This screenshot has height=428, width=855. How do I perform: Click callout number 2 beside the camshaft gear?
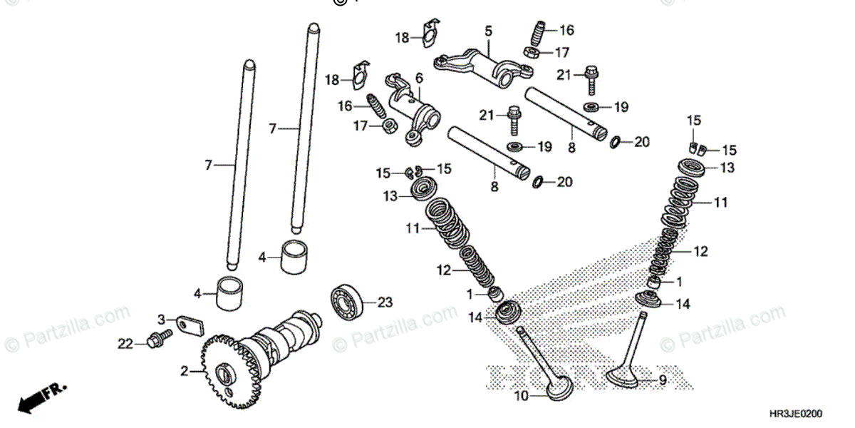(x=184, y=372)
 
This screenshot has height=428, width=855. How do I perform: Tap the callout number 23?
(x=385, y=302)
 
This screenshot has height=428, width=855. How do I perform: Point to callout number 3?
(x=162, y=319)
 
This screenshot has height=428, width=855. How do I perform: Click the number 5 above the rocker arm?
(x=489, y=31)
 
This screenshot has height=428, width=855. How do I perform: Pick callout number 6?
(x=419, y=77)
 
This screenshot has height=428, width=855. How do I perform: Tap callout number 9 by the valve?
(x=662, y=381)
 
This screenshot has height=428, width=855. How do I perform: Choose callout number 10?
(x=522, y=396)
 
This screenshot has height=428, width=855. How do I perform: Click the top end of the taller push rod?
(x=310, y=30)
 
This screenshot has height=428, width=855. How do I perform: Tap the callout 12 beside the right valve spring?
(x=702, y=251)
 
